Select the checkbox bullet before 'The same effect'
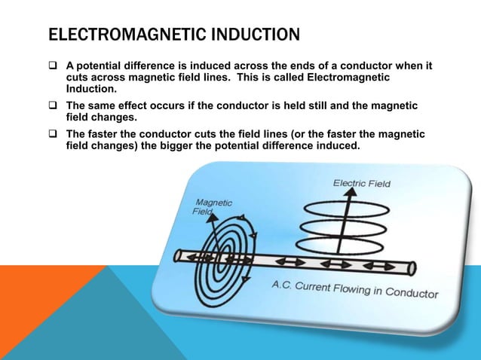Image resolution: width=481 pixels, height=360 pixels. (54, 106)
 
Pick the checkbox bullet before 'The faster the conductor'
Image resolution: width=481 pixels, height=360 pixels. (54, 135)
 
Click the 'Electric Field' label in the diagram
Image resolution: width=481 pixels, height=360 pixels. (362, 183)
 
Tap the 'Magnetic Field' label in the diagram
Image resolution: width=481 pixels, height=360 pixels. (213, 208)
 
